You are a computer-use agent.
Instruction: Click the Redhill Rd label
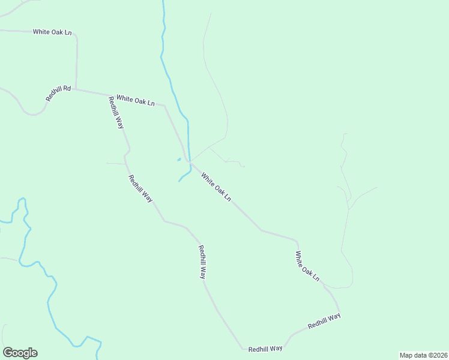point(58,93)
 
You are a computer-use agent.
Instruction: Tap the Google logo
point(20,353)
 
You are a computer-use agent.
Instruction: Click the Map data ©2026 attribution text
point(424,355)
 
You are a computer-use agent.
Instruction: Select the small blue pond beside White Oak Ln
point(179,160)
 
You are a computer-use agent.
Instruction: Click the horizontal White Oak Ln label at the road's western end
point(52,32)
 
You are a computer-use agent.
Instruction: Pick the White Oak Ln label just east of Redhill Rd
point(136,100)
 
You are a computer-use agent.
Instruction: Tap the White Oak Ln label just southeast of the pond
point(216,187)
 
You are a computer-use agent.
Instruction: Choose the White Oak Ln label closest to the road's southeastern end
point(307,266)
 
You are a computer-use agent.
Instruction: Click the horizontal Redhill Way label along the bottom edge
point(265,349)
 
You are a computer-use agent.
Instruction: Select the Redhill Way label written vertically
point(202,262)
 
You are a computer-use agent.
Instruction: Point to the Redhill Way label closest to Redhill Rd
point(116,112)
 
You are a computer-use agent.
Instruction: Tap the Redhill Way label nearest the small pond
point(140,188)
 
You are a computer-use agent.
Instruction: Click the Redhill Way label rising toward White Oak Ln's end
point(324,320)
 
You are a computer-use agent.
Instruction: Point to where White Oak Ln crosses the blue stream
point(189,161)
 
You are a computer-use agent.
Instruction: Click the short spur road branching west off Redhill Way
point(115,163)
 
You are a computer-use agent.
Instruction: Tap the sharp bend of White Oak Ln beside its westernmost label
point(76,35)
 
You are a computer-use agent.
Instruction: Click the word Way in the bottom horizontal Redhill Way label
point(276,349)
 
